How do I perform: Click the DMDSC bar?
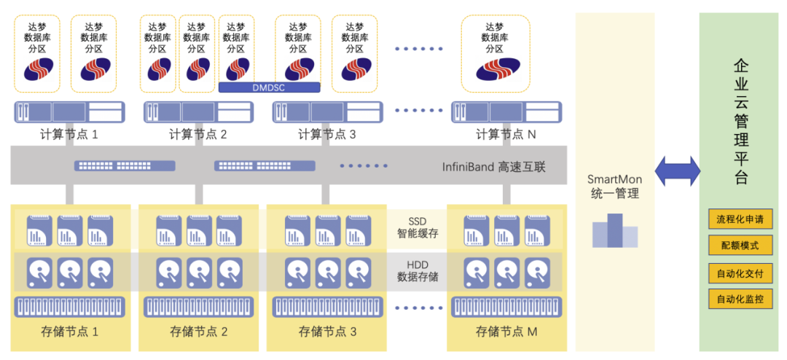pyautogui.click(x=269, y=87)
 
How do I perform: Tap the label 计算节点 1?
pyautogui.click(x=69, y=134)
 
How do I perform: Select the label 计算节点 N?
pyautogui.click(x=505, y=134)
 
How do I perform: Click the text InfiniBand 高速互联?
pyautogui.click(x=494, y=166)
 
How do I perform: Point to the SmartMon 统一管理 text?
pyautogui.click(x=615, y=187)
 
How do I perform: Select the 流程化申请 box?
pyautogui.click(x=740, y=219)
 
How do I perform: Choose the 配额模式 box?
pyautogui.click(x=740, y=246)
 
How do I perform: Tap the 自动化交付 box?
pyautogui.click(x=740, y=273)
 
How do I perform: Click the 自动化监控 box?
pyautogui.click(x=740, y=299)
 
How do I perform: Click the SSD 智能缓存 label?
pyautogui.click(x=418, y=227)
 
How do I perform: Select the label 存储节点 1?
pyautogui.click(x=70, y=332)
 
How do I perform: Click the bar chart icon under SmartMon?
pyautogui.click(x=614, y=231)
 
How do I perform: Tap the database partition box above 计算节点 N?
pyautogui.click(x=494, y=53)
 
